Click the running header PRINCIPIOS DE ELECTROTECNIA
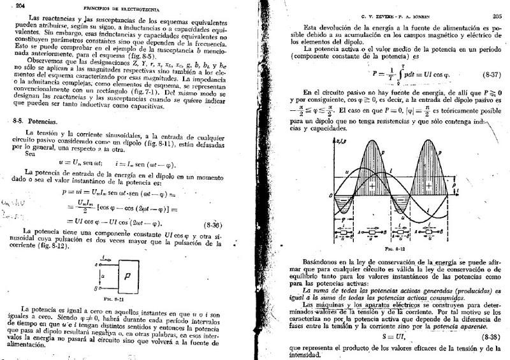116,7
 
